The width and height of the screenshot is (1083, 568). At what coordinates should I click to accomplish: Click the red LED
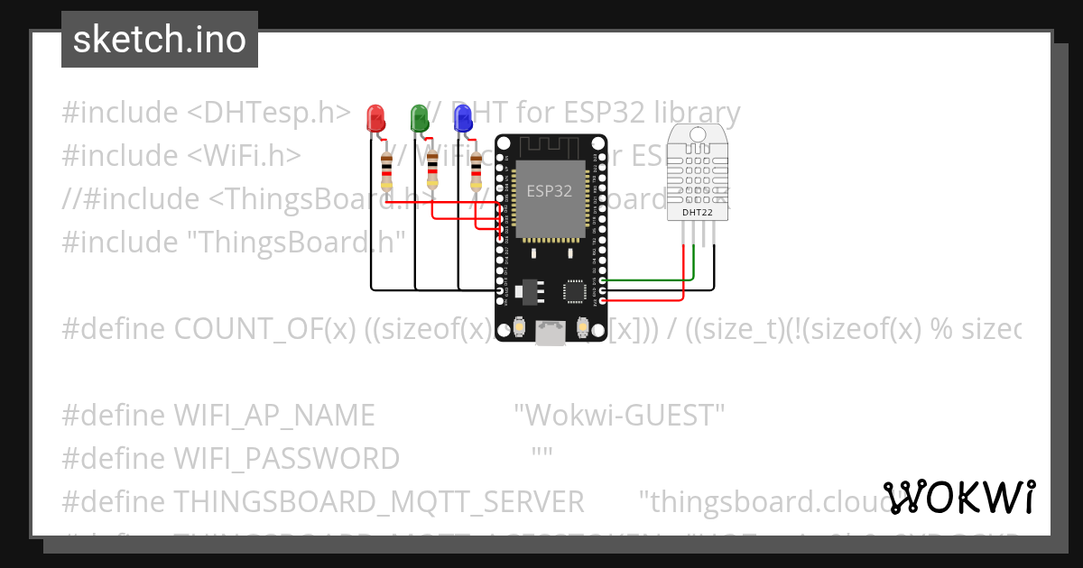point(375,118)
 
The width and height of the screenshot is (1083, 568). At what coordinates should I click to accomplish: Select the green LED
point(420,118)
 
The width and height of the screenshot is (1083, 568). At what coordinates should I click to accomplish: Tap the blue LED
point(463,118)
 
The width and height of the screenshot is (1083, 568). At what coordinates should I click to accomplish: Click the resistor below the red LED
point(386,170)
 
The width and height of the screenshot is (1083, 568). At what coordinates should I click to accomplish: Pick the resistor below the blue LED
point(477,170)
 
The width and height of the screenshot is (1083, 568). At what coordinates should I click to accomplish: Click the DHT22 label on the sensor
point(696,211)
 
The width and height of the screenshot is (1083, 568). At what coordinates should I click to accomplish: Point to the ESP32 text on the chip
point(549,191)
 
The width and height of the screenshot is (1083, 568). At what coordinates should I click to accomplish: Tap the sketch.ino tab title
point(159,40)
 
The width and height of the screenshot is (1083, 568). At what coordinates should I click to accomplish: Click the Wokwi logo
point(958,497)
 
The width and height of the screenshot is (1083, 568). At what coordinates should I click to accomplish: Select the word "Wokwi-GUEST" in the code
point(619,416)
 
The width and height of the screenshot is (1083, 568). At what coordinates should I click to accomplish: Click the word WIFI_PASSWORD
point(286,459)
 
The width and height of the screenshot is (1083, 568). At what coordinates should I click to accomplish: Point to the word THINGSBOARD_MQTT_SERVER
point(378,501)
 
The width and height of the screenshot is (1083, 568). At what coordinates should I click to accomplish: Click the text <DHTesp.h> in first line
point(269,113)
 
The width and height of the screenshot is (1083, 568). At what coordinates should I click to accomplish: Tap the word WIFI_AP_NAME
point(273,416)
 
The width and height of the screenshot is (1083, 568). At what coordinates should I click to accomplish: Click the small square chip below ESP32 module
point(573,290)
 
